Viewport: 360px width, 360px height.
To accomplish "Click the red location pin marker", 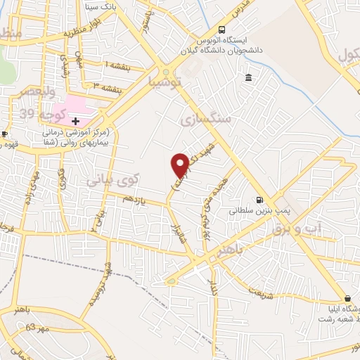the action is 180,165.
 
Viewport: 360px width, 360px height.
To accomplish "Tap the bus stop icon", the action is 222,30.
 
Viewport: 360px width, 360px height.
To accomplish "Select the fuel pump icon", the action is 260,199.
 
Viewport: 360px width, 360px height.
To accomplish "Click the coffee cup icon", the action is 4,134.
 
